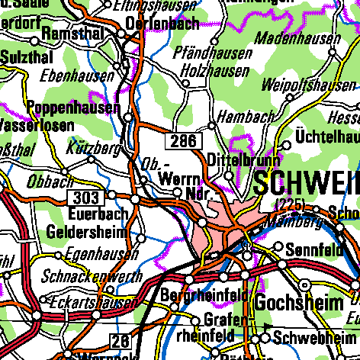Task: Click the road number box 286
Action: tap(184, 140)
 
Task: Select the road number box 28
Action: tap(121, 340)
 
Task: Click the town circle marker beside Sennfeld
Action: tap(278, 248)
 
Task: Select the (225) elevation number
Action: tap(290, 203)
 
